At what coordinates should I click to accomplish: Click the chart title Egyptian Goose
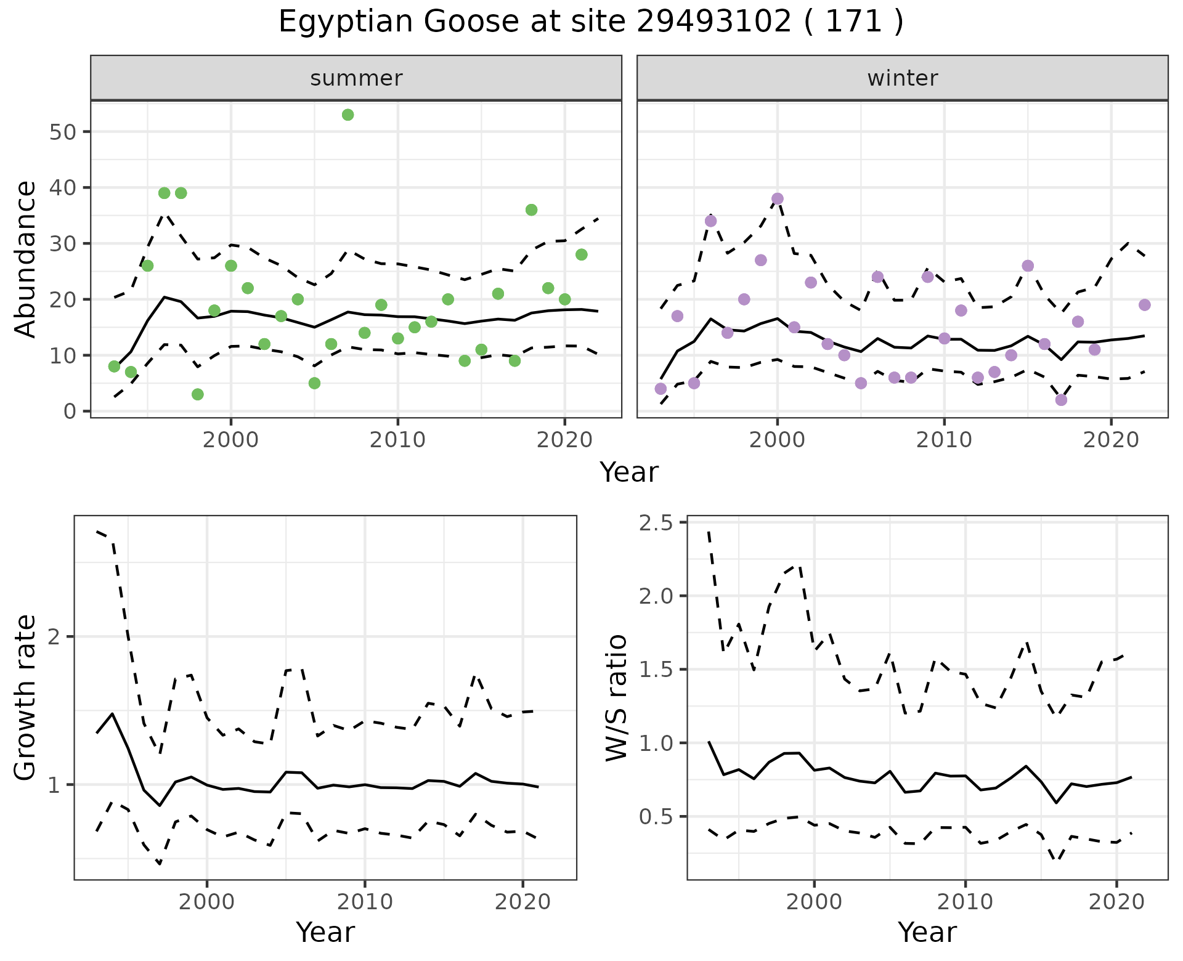pyautogui.click(x=590, y=22)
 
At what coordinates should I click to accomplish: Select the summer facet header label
pyautogui.click(x=356, y=78)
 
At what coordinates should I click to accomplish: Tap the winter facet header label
pyautogui.click(x=902, y=78)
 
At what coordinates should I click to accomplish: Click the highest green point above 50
pyautogui.click(x=348, y=115)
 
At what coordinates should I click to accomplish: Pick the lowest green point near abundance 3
pyautogui.click(x=198, y=394)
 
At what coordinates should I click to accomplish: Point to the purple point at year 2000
pyautogui.click(x=778, y=199)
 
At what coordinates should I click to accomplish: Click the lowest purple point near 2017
pyautogui.click(x=1061, y=400)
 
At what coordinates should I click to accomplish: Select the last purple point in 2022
pyautogui.click(x=1145, y=305)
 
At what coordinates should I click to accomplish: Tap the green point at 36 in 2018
pyautogui.click(x=531, y=210)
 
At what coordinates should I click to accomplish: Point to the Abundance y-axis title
pyautogui.click(x=26, y=259)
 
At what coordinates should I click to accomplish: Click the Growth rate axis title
pyautogui.click(x=26, y=697)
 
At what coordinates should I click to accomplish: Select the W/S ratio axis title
pyautogui.click(x=616, y=697)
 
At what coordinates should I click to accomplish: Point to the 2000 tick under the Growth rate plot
pyautogui.click(x=207, y=902)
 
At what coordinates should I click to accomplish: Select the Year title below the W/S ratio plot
pyautogui.click(x=927, y=932)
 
